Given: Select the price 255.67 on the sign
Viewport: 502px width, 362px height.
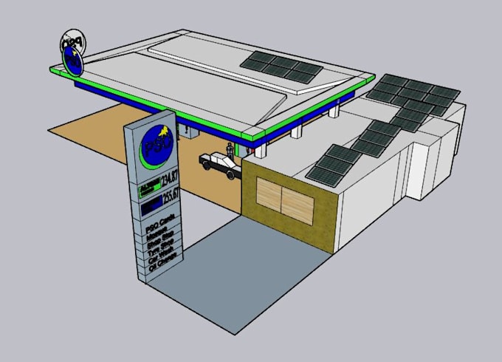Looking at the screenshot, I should point(170,200).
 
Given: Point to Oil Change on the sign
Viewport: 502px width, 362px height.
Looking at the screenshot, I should point(162,267).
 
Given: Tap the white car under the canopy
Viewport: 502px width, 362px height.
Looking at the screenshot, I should point(219,164).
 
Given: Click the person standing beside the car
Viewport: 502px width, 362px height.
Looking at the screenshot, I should point(230,149).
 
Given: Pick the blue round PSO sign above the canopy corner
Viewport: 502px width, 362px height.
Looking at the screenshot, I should point(73,61).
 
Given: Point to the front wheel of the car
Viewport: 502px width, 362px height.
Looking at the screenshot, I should point(232,174).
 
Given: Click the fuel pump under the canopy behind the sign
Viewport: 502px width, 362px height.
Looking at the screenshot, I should point(189,132).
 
